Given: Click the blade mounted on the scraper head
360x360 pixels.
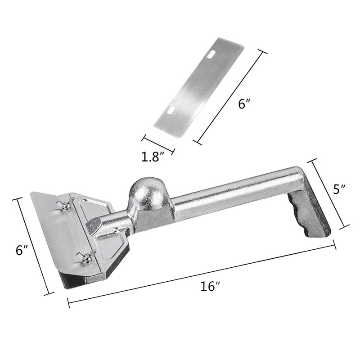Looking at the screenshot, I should pos(54,229).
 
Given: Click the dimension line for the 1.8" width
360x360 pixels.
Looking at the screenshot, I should pos(159,144).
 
